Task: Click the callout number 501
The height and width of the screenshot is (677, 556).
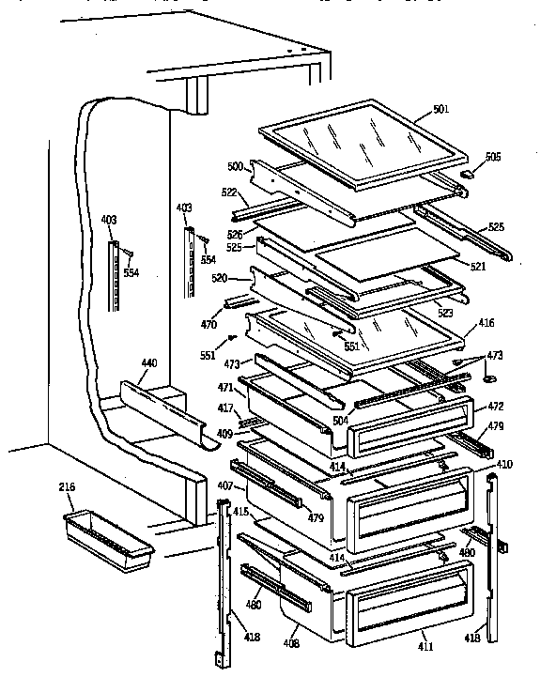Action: coord(440,110)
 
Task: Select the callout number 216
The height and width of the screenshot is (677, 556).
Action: coord(68,487)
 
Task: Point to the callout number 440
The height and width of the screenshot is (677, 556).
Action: coord(149,363)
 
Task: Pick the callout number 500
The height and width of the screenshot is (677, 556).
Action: coord(235,166)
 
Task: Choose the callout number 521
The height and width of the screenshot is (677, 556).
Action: coord(477,267)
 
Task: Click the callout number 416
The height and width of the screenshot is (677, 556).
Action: coord(486,323)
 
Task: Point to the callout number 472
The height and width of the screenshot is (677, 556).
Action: coord(495,407)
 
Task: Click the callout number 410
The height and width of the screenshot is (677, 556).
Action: coord(505,464)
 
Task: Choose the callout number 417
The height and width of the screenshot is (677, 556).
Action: coord(226,408)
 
